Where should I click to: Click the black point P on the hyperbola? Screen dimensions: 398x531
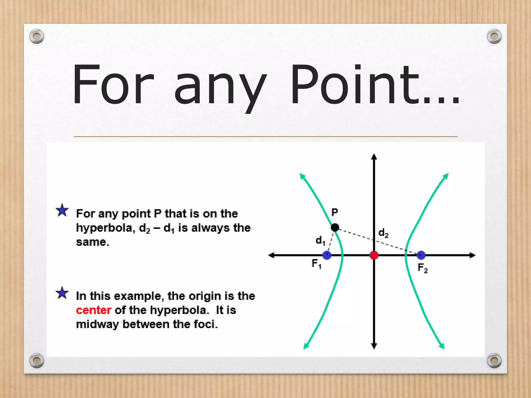335,228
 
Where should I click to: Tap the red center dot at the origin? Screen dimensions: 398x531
374,255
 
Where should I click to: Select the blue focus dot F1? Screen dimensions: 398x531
327,255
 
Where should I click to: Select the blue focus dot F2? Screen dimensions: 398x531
421,255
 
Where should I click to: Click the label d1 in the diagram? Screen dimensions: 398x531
320,241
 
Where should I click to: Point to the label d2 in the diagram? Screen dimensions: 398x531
383,233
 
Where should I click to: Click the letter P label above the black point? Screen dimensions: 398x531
335,212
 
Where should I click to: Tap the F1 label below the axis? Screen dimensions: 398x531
316,264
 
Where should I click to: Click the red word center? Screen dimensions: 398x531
94,310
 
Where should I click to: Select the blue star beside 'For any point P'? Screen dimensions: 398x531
62,210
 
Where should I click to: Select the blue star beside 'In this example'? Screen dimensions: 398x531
62,293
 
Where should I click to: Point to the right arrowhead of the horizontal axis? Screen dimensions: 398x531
473,255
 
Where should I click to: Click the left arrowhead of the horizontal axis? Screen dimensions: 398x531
271,255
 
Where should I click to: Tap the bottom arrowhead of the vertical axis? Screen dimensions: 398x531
374,346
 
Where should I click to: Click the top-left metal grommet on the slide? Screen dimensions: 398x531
37,36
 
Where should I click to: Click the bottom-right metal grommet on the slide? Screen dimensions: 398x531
494,360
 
